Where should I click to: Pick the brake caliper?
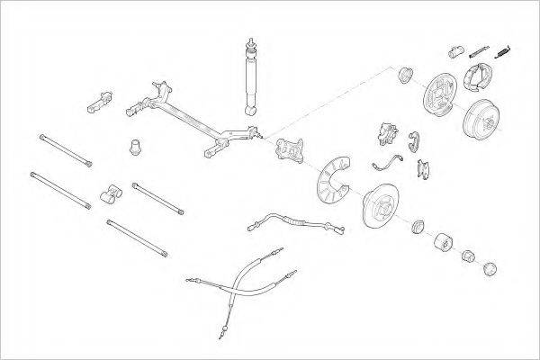(x=387, y=133)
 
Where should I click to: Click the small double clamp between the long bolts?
(x=110, y=191)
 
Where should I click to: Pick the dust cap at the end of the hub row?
(x=490, y=267)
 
